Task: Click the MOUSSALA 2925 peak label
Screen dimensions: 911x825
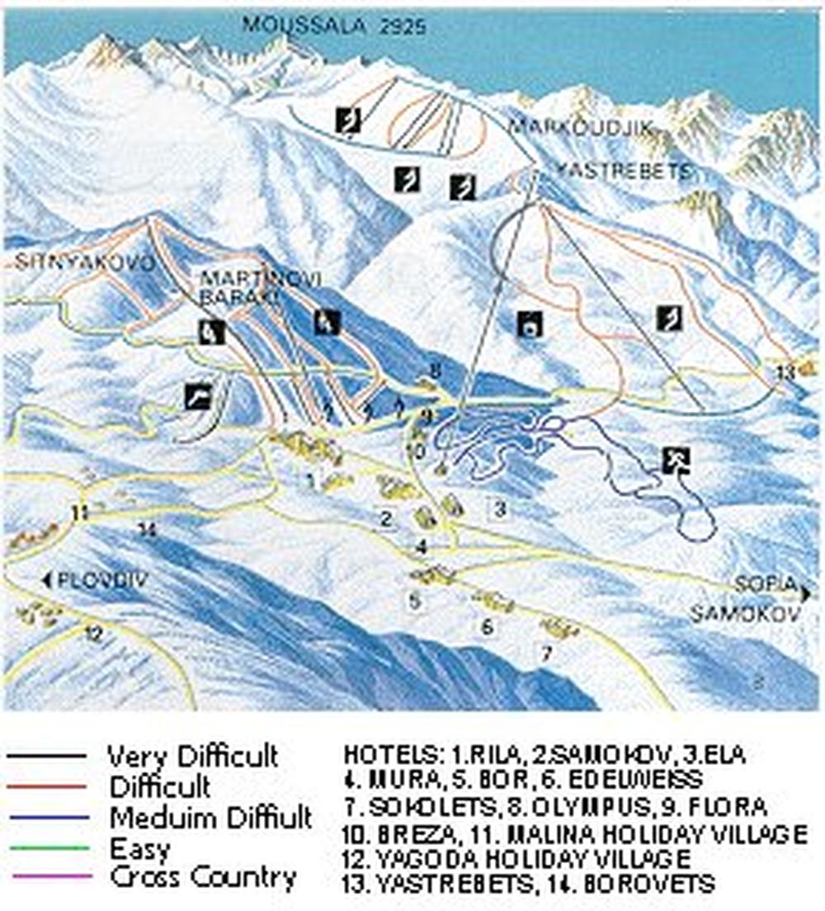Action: pos(334,26)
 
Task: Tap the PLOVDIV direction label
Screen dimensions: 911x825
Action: pos(101,580)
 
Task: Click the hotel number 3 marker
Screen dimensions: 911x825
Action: pos(499,509)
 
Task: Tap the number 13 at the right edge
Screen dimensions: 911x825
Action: pos(785,371)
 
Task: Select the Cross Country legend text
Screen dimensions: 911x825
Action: pos(203,877)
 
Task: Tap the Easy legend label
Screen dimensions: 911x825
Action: pos(139,847)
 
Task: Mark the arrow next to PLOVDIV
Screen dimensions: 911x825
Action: pos(46,580)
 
